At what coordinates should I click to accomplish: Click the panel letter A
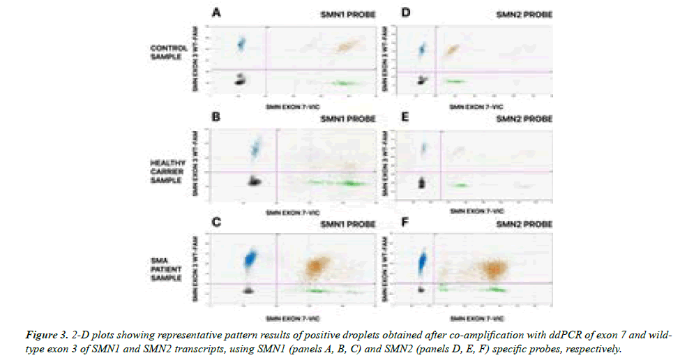[x=218, y=13]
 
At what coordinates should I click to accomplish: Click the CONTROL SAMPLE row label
[x=165, y=52]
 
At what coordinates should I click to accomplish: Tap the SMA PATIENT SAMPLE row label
[x=166, y=269]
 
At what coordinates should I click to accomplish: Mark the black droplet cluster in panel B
[x=255, y=181]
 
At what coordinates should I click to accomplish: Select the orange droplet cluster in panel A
[x=346, y=47]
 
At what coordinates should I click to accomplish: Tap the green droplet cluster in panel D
[x=455, y=82]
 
